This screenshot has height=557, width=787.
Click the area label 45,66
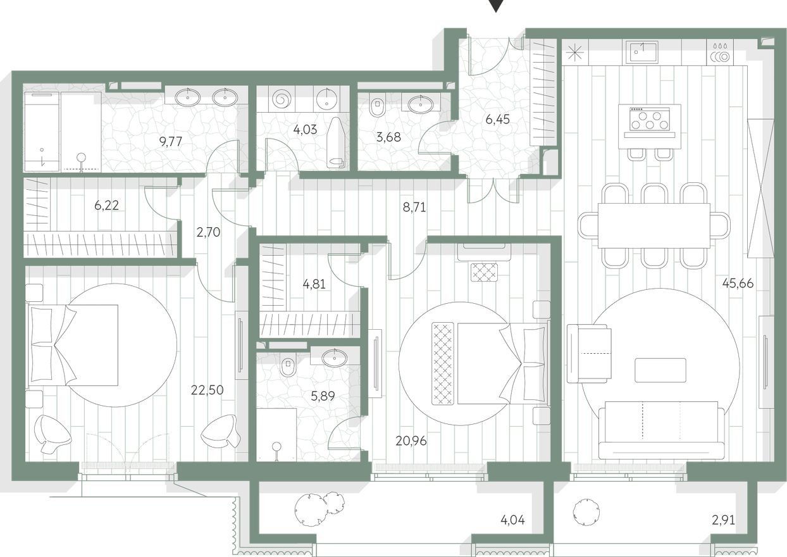click(x=738, y=283)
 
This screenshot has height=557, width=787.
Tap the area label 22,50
click(x=207, y=390)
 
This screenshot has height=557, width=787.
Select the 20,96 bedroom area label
click(x=411, y=441)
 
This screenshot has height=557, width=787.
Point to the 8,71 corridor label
click(x=414, y=208)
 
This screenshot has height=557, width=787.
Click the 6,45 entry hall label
click(x=497, y=120)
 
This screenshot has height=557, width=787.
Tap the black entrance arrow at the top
click(x=496, y=5)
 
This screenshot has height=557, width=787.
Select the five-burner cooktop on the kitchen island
click(x=649, y=120)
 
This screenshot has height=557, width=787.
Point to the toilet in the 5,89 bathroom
click(x=288, y=365)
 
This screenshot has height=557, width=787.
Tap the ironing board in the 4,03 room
click(x=335, y=142)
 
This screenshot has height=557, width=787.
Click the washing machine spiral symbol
click(x=282, y=99)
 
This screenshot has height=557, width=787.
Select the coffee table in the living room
click(x=660, y=370)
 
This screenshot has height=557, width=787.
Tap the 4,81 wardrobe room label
click(x=314, y=284)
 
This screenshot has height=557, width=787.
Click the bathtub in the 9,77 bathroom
click(x=41, y=132)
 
